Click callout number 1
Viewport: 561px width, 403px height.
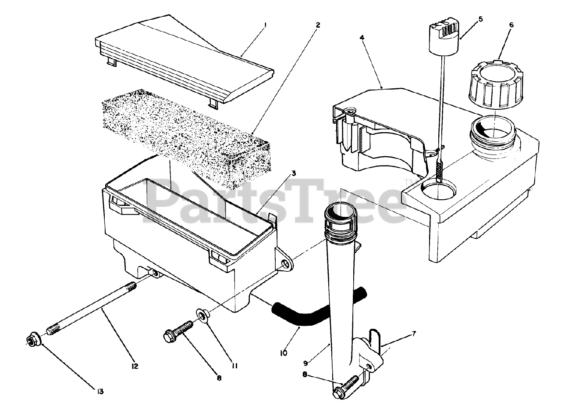tap(265, 25)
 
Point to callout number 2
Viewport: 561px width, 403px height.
tap(317, 25)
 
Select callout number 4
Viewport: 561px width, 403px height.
tap(362, 38)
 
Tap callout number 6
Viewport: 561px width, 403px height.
tap(511, 25)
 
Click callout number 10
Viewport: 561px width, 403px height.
tap(284, 352)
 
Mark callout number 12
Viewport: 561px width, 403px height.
tap(135, 366)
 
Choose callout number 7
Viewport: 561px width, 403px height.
tap(414, 333)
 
